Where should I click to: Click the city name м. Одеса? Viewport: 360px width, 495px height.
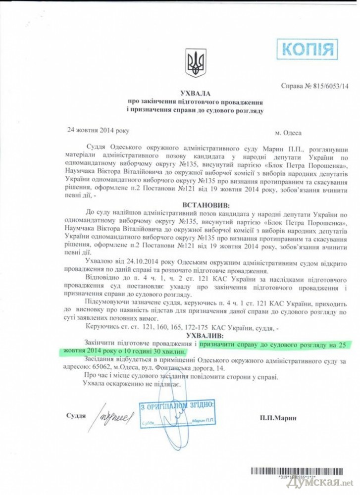point(288,133)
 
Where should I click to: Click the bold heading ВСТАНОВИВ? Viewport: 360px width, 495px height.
point(195,204)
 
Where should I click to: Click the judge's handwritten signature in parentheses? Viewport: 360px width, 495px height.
point(114,416)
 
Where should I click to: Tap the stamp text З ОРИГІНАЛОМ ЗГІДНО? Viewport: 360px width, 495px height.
point(177,406)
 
